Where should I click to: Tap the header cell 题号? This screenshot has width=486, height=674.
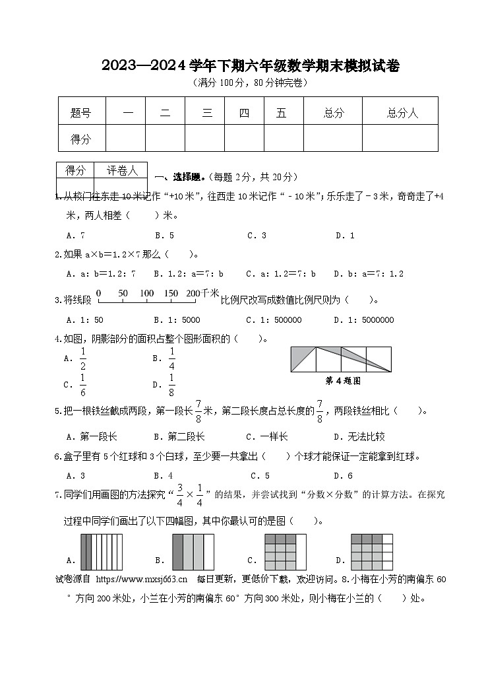click(x=80, y=114)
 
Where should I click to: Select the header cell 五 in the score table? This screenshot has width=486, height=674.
click(x=282, y=114)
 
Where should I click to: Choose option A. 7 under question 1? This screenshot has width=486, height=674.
click(x=76, y=235)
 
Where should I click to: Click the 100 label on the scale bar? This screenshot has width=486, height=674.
click(x=146, y=293)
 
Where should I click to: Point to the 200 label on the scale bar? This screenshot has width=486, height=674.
click(x=193, y=293)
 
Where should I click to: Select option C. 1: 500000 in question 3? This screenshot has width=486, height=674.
click(x=274, y=320)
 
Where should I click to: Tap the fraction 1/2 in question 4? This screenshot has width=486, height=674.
click(x=82, y=358)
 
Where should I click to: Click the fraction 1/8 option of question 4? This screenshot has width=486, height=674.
click(x=171, y=384)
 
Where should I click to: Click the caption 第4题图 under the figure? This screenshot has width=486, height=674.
click(x=343, y=381)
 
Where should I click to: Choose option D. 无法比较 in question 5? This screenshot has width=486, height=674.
click(x=359, y=436)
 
